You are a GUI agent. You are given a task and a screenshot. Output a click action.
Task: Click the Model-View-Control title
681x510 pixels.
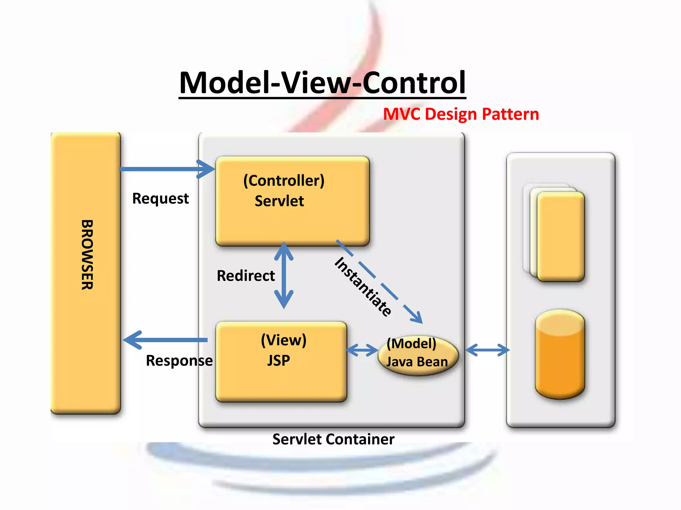(x=322, y=83)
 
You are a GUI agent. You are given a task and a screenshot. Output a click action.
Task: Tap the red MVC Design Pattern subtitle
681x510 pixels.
(x=461, y=114)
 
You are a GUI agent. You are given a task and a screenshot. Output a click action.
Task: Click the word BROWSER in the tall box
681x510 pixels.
(x=87, y=255)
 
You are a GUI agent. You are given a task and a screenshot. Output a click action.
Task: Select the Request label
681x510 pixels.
(x=160, y=199)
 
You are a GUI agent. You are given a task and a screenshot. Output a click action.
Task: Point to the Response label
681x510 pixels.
(x=179, y=361)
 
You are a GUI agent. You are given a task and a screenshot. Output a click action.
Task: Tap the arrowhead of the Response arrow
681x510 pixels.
(x=131, y=340)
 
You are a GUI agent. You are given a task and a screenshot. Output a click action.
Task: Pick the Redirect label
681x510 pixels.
(x=245, y=276)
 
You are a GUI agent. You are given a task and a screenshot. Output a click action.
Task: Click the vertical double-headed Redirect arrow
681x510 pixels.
(x=284, y=276)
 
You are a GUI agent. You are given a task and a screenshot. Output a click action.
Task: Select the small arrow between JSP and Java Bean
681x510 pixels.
(x=362, y=350)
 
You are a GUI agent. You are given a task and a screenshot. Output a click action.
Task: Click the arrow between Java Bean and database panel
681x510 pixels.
(x=487, y=350)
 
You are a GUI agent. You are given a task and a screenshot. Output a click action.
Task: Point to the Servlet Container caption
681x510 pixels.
(x=333, y=439)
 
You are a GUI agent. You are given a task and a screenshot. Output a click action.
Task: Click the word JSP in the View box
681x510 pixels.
(x=279, y=361)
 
